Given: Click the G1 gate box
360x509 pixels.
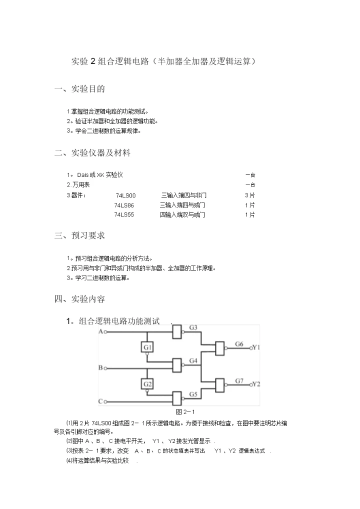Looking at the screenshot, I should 147,347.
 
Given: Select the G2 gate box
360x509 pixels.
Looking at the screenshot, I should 147,384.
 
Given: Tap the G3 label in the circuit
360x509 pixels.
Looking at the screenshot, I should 193,327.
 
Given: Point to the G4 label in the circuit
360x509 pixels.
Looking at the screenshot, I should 193,360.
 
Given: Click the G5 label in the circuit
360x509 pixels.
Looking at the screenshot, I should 193,394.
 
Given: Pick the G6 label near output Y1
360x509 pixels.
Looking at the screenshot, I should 239,344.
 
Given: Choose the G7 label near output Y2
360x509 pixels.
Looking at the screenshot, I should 239,381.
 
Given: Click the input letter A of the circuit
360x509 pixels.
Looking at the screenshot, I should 100,331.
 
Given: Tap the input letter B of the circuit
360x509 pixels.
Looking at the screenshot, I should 100,368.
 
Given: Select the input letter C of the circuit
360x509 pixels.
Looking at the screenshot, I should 100,401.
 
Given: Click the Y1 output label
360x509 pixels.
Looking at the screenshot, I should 256,347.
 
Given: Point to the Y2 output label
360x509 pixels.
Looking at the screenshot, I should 256,384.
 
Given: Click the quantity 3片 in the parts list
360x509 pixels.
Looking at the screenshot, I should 249,195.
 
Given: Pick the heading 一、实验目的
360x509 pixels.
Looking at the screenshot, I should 79,89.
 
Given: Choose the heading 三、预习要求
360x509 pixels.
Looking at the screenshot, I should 79,235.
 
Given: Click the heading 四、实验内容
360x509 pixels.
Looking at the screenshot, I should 79,299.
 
